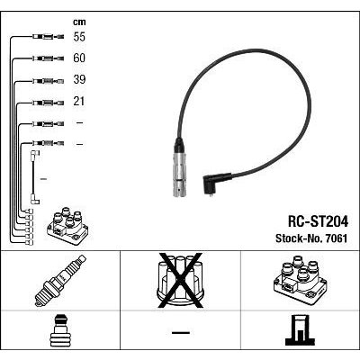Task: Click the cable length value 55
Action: click(79, 37)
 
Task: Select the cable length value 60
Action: click(79, 58)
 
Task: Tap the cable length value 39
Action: click(79, 79)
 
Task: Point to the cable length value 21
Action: click(79, 101)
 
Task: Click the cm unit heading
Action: click(79, 22)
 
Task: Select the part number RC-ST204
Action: click(318, 222)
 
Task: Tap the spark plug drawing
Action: click(60, 281)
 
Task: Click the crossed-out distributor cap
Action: click(181, 281)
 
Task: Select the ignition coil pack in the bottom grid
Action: click(300, 280)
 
